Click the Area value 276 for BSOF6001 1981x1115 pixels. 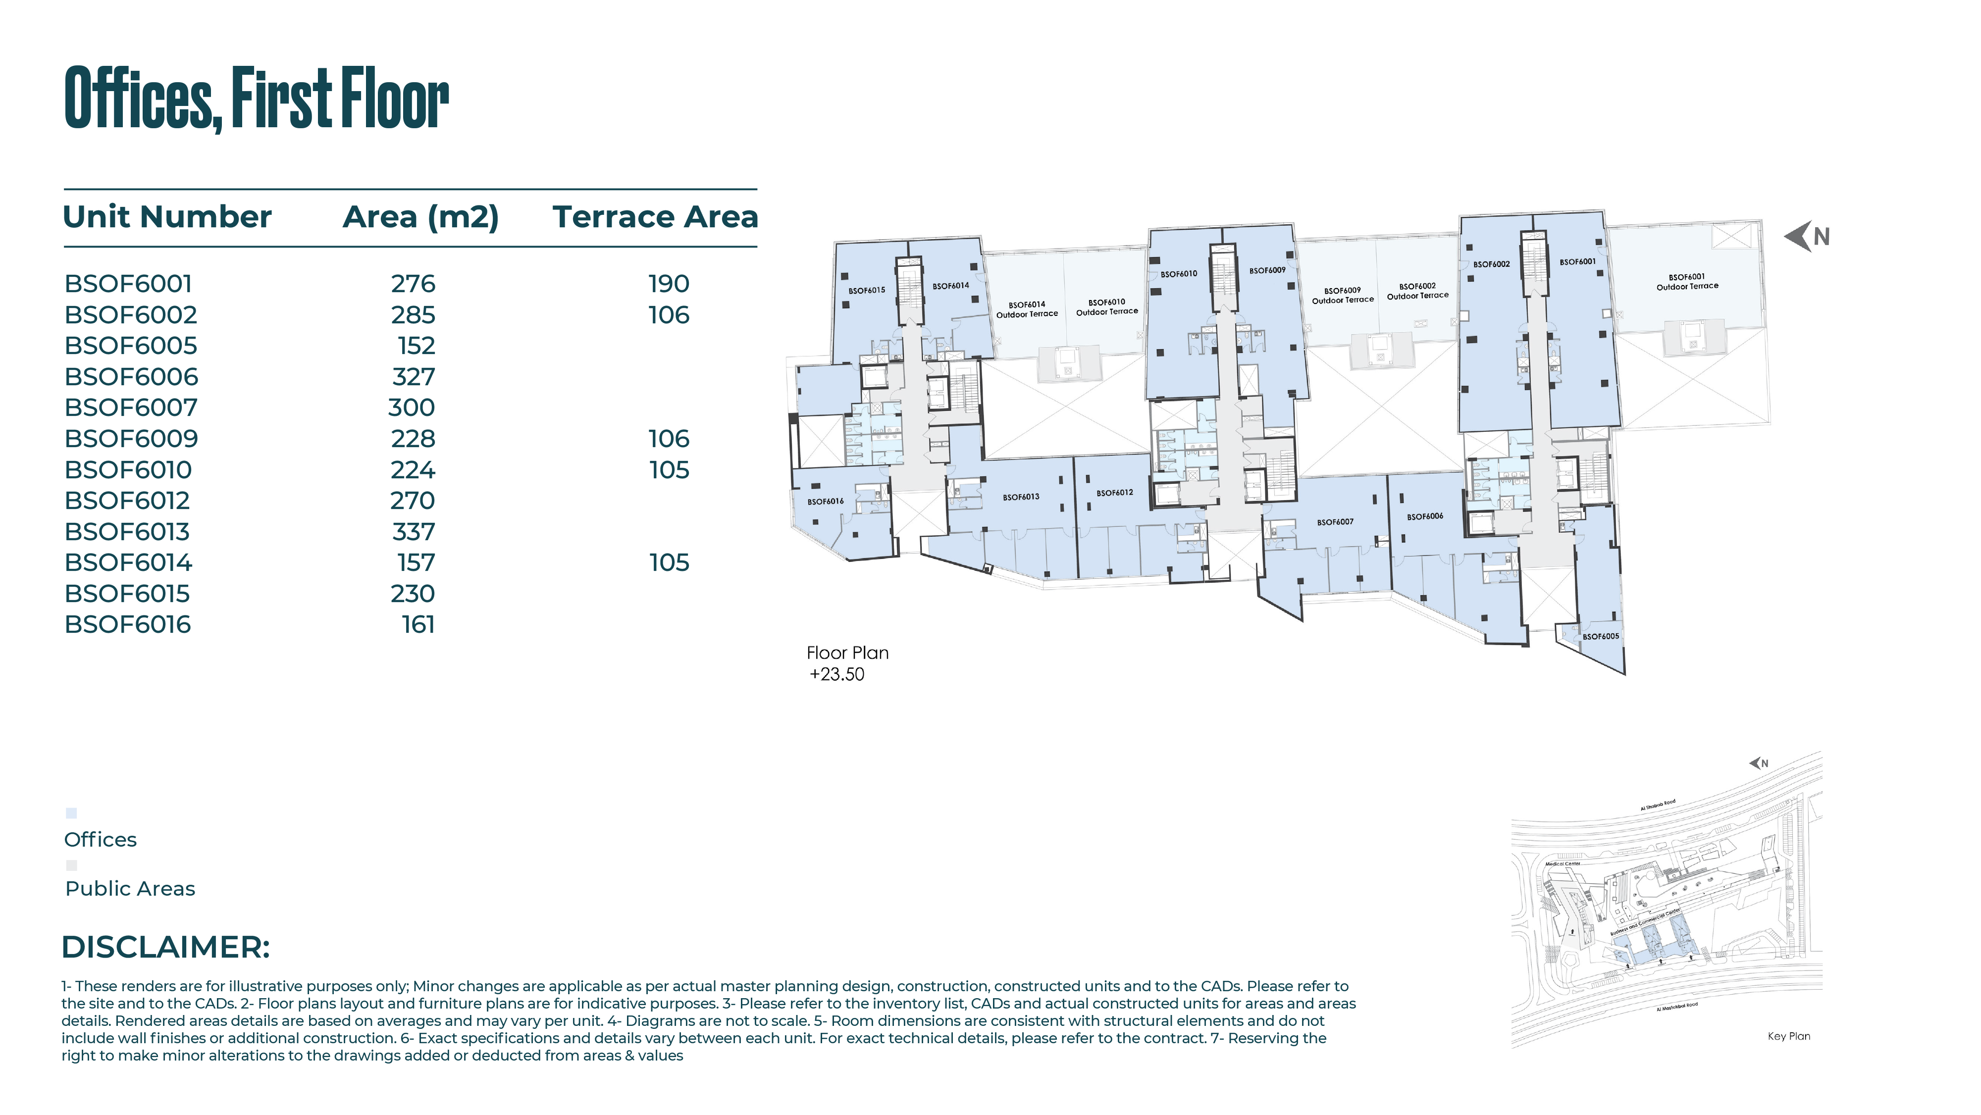click(413, 284)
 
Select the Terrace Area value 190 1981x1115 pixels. click(668, 284)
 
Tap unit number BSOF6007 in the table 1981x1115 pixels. click(131, 407)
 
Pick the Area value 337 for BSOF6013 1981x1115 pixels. click(414, 531)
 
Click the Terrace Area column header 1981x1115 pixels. click(655, 217)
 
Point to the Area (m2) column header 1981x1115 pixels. click(420, 217)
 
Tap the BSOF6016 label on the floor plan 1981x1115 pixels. click(825, 502)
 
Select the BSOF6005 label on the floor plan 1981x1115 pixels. click(1600, 636)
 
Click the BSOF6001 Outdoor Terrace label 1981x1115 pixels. click(1686, 281)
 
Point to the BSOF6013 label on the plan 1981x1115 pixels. click(1021, 497)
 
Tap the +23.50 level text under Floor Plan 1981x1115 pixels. click(836, 674)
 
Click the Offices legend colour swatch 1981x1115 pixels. click(71, 813)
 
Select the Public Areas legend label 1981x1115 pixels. click(130, 888)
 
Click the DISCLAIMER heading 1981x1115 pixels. click(165, 947)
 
